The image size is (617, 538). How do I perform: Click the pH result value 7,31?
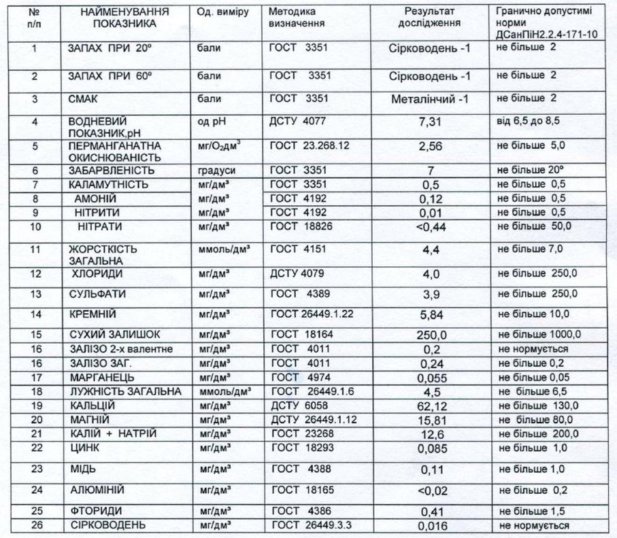[x=430, y=122]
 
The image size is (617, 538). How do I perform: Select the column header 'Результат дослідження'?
[x=430, y=18]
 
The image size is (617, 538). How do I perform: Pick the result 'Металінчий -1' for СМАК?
[x=430, y=99]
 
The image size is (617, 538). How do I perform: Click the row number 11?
[x=36, y=249]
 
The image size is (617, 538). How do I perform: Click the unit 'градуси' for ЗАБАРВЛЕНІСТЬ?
[x=214, y=170]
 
